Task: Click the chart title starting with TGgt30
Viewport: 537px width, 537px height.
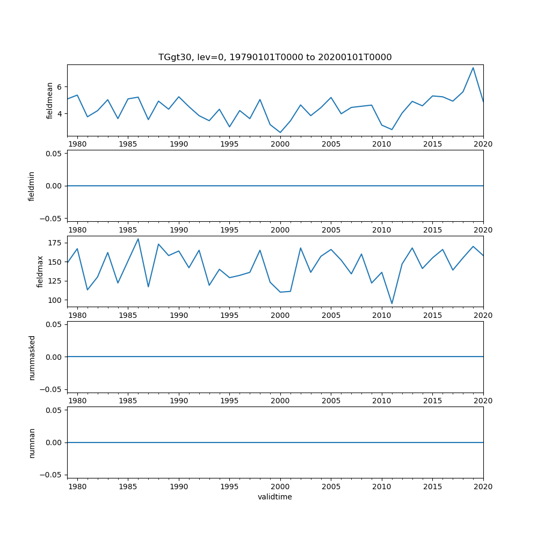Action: pyautogui.click(x=275, y=57)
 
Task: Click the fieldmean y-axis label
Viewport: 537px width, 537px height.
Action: pyautogui.click(x=50, y=100)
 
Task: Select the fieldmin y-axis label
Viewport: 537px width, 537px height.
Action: pyautogui.click(x=32, y=186)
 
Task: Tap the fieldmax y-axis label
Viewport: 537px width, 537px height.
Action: pyautogui.click(x=40, y=271)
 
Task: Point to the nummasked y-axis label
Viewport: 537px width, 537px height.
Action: pyautogui.click(x=32, y=357)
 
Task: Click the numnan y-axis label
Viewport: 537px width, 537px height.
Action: pyautogui.click(x=32, y=442)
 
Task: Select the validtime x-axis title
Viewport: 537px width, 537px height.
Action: pyautogui.click(x=275, y=497)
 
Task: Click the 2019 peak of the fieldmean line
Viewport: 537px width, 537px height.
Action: pyautogui.click(x=473, y=68)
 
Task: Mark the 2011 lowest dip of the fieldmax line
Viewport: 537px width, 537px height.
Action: pyautogui.click(x=392, y=303)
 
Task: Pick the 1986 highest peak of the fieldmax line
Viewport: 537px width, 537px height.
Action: pyautogui.click(x=138, y=238)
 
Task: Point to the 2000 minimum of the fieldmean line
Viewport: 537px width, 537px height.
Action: pyautogui.click(x=280, y=133)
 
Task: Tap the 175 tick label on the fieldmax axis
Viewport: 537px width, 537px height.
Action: pyautogui.click(x=56, y=243)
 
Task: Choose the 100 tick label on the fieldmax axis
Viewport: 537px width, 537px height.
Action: pyautogui.click(x=56, y=300)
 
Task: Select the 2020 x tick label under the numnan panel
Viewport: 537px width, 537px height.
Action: pyautogui.click(x=483, y=487)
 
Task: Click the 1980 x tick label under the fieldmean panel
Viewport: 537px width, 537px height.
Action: pyautogui.click(x=77, y=144)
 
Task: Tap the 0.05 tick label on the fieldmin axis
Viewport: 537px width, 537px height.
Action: pyautogui.click(x=55, y=154)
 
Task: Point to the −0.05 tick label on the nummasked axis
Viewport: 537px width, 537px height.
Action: pyautogui.click(x=53, y=389)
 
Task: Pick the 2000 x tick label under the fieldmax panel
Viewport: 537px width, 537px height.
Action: pyautogui.click(x=280, y=315)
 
